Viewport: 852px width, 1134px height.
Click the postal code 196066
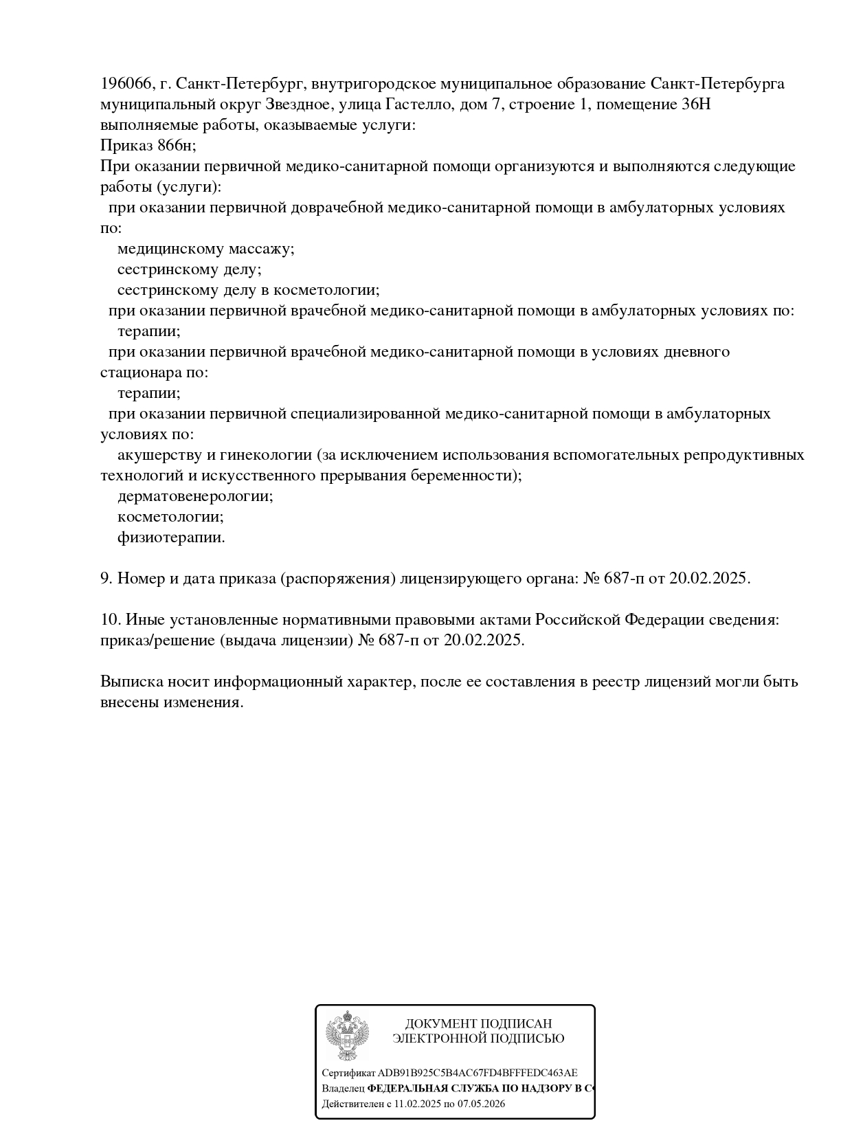point(126,84)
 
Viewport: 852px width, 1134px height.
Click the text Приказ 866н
point(148,146)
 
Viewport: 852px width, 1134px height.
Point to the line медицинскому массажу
point(205,249)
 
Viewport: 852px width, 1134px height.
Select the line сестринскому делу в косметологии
point(248,290)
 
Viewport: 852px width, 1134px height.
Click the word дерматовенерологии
point(195,496)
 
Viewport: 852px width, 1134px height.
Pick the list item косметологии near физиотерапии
point(170,517)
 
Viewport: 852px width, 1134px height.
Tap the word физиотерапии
point(171,537)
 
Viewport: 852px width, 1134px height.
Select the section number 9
point(106,579)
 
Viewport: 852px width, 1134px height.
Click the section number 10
point(110,620)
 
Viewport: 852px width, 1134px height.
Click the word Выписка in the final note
point(131,682)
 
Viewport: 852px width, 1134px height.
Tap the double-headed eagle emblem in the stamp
point(347,1036)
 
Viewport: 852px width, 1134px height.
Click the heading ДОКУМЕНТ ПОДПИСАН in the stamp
point(478,1024)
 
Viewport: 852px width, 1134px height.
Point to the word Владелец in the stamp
point(343,1089)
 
